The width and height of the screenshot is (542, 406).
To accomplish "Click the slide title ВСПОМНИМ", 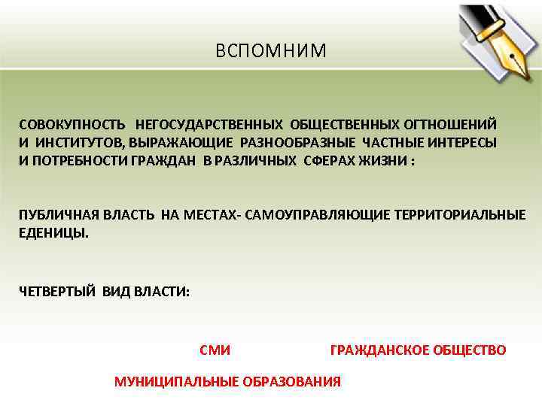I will (271, 51).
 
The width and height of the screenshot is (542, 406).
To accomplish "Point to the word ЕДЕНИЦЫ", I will (52, 233).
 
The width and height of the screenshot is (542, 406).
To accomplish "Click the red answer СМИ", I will (215, 350).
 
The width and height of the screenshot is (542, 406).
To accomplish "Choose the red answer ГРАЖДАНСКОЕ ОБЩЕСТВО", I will (418, 350).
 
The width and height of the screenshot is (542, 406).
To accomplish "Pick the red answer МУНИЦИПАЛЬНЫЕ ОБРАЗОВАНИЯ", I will (227, 382).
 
